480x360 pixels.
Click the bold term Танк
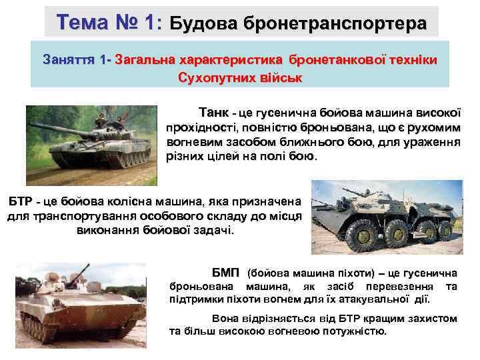point(213,112)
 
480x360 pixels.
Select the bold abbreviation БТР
point(20,201)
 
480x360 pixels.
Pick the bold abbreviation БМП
point(227,273)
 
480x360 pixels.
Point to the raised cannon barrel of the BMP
point(87,270)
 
